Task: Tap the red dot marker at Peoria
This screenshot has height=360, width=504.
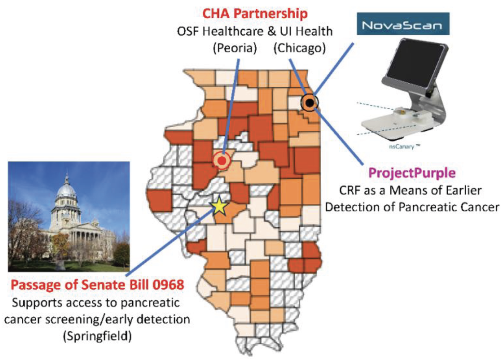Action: (x=222, y=161)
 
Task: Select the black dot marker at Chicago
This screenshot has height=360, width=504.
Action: (x=310, y=102)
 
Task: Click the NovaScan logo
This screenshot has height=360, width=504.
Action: (x=403, y=24)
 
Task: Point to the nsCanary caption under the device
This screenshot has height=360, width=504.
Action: (x=405, y=147)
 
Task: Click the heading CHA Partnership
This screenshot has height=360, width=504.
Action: (x=255, y=14)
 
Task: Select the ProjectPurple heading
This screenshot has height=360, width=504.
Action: (x=412, y=173)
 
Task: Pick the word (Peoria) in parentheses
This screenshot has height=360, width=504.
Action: (x=235, y=48)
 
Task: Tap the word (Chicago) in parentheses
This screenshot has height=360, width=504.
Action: (x=299, y=48)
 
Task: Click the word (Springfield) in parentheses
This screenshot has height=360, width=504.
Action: (x=97, y=336)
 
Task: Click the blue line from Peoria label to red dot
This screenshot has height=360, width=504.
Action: (x=231, y=107)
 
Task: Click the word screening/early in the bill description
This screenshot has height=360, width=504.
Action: (x=90, y=319)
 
